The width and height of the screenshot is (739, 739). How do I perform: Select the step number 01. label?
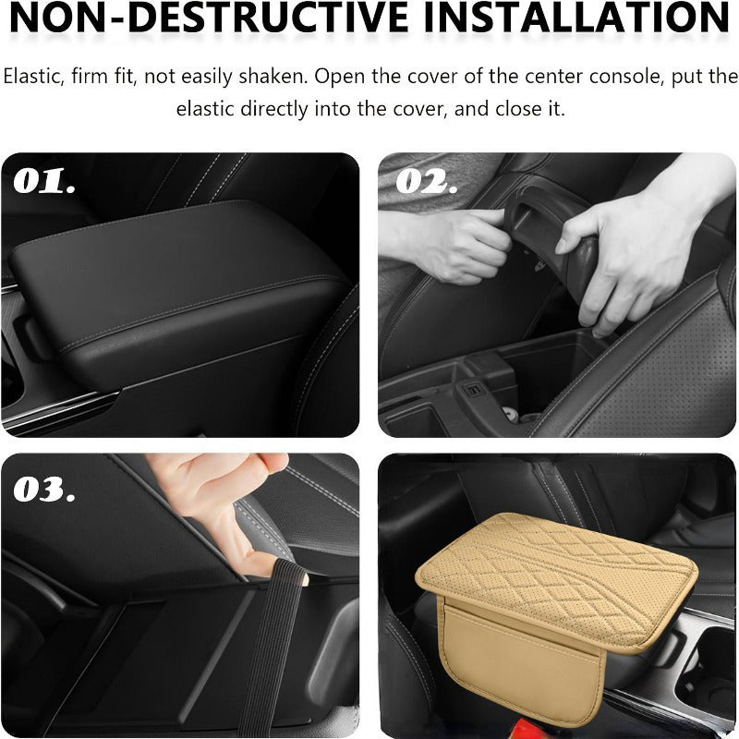click(43, 181)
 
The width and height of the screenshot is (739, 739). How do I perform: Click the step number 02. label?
click(426, 180)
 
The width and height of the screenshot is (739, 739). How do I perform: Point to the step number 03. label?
click(44, 489)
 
